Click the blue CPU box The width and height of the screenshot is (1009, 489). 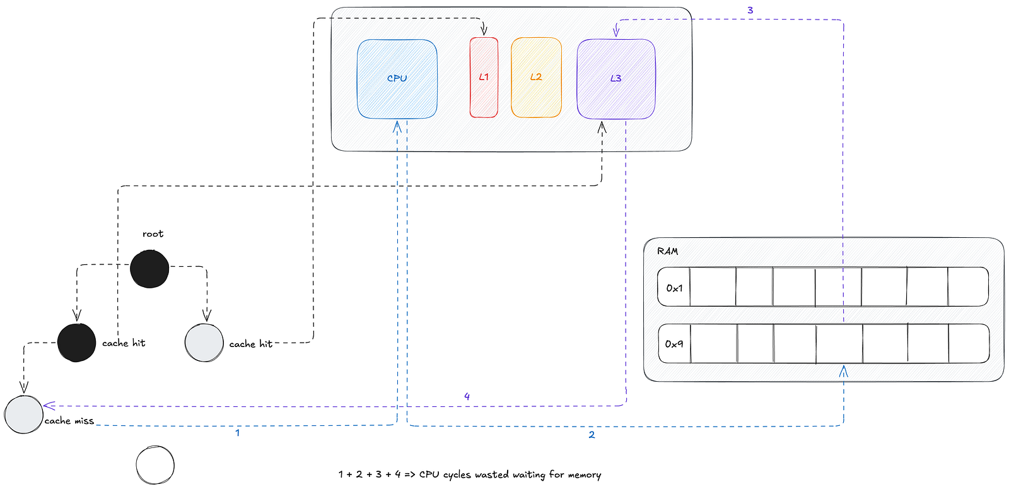coord(397,79)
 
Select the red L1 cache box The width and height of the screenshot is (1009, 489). coord(484,78)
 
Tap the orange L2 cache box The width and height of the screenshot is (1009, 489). coord(536,78)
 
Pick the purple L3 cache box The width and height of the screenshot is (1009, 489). coord(615,79)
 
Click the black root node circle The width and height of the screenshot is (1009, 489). coord(149,269)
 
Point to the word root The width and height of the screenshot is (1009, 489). coord(153,234)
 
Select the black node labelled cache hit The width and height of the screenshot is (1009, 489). coord(77,343)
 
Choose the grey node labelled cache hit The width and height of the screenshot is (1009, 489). coord(204,343)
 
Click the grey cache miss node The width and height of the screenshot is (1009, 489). coord(24,414)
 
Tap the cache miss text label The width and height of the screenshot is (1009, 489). coord(69,421)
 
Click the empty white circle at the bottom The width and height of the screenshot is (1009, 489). coord(155,466)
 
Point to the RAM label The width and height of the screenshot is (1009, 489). coord(667,251)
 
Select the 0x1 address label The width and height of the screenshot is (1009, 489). coord(674,288)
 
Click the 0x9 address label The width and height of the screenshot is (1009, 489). coord(674,345)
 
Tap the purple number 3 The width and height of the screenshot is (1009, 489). coord(750,10)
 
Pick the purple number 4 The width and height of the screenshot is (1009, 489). coord(467,396)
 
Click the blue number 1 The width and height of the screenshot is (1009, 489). coord(237,433)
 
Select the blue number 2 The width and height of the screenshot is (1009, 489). coord(592,435)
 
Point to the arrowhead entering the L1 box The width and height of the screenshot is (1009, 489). coord(484,31)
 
